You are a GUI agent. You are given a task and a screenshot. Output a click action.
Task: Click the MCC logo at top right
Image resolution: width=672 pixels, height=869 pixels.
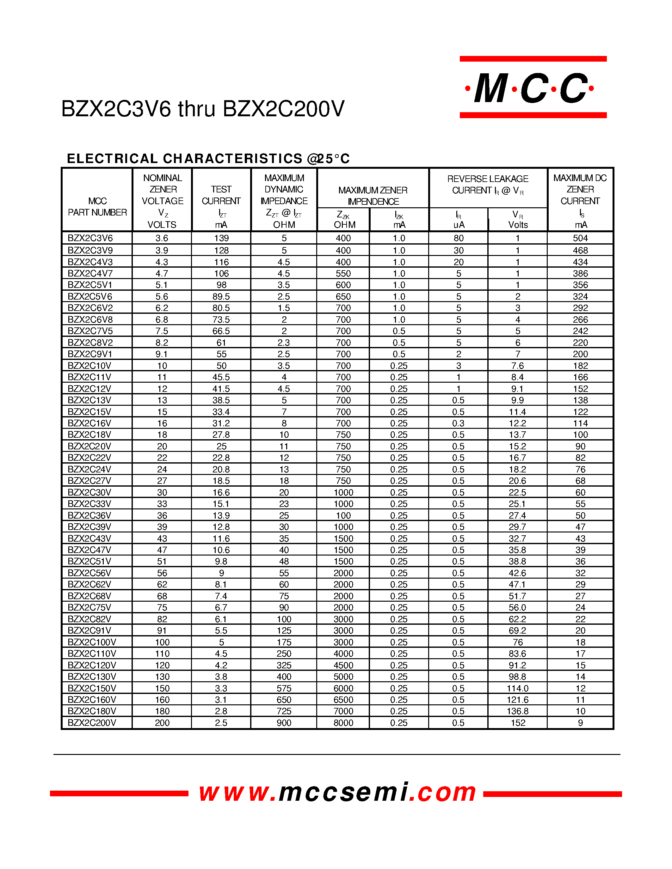[x=533, y=88]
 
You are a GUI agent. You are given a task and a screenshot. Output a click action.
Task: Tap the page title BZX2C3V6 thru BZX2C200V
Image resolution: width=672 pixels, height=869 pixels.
[x=203, y=109]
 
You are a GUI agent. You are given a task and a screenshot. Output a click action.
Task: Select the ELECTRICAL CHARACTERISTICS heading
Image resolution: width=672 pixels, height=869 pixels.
[x=208, y=158]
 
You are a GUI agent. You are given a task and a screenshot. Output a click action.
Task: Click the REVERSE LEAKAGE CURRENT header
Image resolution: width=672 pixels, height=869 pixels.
[x=488, y=185]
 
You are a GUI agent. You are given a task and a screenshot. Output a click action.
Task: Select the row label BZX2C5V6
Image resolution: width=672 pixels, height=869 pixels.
[x=90, y=296]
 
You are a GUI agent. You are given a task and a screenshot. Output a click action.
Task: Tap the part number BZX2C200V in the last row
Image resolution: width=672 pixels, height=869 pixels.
[x=92, y=723]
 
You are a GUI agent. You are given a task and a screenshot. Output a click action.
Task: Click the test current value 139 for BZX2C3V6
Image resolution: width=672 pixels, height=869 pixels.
[x=221, y=238]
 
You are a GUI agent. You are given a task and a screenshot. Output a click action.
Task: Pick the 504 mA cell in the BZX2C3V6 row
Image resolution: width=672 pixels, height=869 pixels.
[x=580, y=238]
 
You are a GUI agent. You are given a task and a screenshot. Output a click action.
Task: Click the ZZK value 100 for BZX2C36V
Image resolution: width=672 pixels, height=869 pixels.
[x=343, y=516]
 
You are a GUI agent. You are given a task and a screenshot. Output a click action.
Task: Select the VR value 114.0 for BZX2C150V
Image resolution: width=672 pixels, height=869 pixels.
[x=518, y=688]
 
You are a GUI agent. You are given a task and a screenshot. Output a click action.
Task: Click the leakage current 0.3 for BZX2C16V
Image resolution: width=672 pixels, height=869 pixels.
[x=458, y=423]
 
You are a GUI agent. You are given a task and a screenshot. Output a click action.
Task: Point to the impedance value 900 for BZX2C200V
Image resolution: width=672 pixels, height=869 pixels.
[x=284, y=723]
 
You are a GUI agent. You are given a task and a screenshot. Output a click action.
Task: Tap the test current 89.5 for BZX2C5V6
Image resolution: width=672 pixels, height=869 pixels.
[x=221, y=297]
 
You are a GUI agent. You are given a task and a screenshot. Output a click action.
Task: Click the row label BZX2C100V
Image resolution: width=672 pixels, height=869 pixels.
[x=92, y=642]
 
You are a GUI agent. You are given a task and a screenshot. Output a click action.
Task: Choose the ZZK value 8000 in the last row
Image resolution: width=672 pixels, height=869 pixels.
[x=343, y=723]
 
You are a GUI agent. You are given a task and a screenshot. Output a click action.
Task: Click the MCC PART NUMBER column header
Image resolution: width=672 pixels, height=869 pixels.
[x=97, y=207]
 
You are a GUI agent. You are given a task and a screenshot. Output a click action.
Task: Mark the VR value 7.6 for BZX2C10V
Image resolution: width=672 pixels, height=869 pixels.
[x=518, y=366]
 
